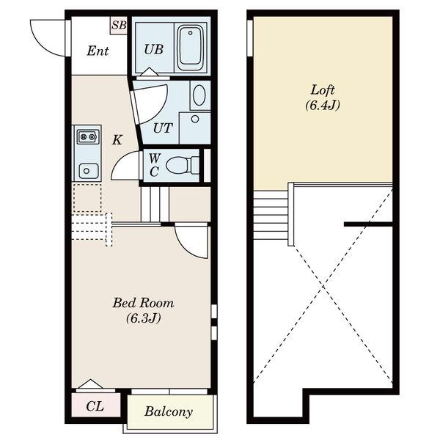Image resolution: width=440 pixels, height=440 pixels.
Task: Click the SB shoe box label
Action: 119,25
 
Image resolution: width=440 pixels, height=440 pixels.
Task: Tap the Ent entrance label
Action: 98,51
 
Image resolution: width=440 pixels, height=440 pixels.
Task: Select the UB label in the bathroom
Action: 154,49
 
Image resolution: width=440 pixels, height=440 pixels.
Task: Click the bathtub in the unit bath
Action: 191,49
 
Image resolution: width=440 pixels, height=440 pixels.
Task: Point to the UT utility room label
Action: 163,128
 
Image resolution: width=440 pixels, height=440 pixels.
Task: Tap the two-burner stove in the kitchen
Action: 88,136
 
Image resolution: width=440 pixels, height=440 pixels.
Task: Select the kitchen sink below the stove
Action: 89,171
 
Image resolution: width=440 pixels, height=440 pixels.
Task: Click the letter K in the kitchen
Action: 117,139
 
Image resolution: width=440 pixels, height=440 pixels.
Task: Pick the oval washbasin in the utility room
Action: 199,95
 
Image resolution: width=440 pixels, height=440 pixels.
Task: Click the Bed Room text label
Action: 143,303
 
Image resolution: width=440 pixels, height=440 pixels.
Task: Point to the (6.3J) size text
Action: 143,318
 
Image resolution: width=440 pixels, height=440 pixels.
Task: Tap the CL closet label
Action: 95,406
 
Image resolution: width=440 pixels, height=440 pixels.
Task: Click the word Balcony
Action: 169,412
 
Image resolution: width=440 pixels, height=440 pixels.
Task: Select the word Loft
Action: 323,90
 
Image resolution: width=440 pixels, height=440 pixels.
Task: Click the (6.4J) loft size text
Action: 323,105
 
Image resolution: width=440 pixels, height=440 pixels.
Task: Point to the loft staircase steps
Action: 271,215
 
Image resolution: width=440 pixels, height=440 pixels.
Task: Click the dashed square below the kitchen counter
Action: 87,198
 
